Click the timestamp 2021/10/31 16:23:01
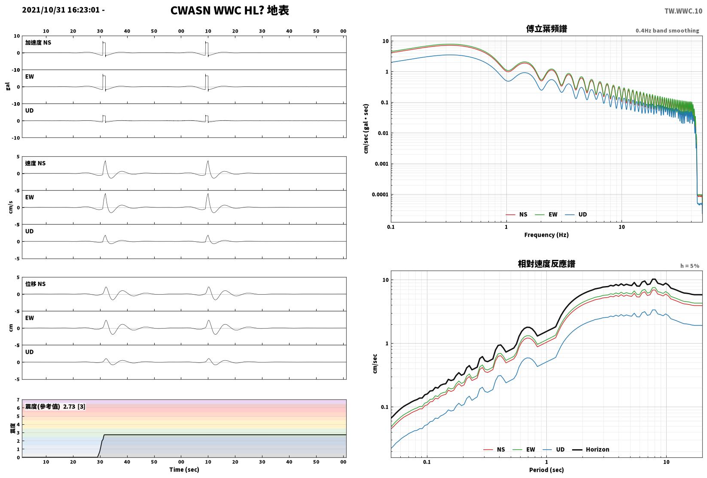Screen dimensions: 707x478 click(x=61, y=10)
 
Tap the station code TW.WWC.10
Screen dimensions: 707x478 click(x=683, y=11)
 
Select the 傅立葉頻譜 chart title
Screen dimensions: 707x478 click(x=546, y=29)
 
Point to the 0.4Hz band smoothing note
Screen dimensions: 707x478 click(x=667, y=30)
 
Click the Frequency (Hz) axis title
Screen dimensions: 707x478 click(x=546, y=235)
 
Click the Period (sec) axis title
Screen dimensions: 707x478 click(x=546, y=470)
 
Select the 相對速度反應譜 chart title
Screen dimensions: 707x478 click(x=546, y=264)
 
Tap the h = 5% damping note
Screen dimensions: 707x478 click(x=690, y=266)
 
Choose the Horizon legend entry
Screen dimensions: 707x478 click(x=591, y=449)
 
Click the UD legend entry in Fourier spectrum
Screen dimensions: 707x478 click(x=576, y=215)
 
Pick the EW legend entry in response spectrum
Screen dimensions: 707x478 click(x=524, y=449)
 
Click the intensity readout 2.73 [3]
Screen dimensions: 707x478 click(x=74, y=406)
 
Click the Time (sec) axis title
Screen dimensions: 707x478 click(x=184, y=469)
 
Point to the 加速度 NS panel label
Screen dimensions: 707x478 click(x=38, y=43)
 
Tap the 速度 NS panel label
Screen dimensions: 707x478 click(x=35, y=163)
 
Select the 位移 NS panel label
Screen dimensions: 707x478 click(x=35, y=284)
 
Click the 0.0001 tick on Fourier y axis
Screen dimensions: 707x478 click(x=380, y=195)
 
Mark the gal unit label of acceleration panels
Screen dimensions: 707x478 click(x=8, y=86)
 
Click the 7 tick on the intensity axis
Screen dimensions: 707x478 click(x=18, y=400)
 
